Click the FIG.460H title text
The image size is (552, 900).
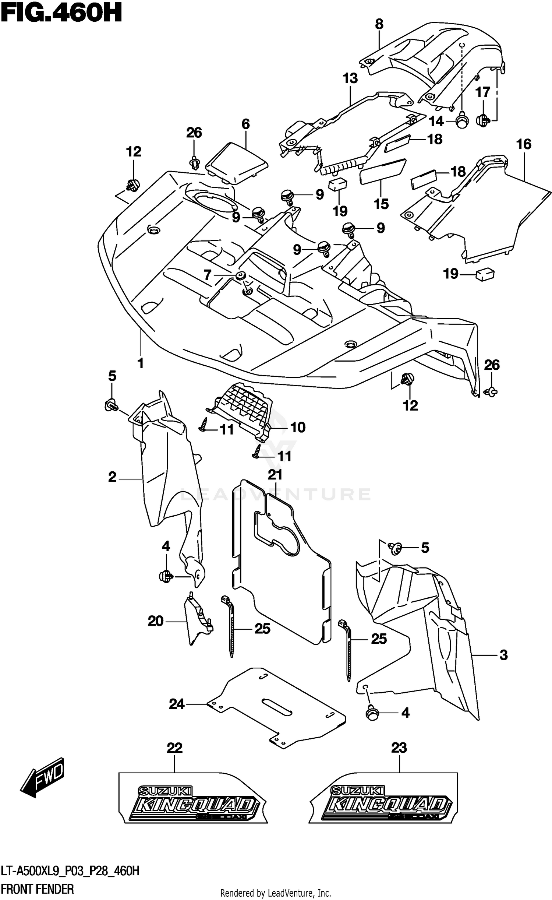pyautogui.click(x=61, y=14)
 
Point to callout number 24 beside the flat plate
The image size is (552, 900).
pyautogui.click(x=177, y=704)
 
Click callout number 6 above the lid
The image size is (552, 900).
pyautogui.click(x=245, y=124)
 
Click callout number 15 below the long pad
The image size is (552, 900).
pyautogui.click(x=381, y=204)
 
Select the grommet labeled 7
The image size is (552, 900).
pyautogui.click(x=241, y=275)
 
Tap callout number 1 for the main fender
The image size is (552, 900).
pyautogui.click(x=140, y=363)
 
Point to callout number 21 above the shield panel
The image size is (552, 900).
pyautogui.click(x=275, y=475)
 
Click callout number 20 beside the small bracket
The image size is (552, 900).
pyautogui.click(x=155, y=622)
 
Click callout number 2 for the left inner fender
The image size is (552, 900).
pyautogui.click(x=112, y=477)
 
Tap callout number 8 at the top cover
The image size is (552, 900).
pyautogui.click(x=379, y=24)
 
